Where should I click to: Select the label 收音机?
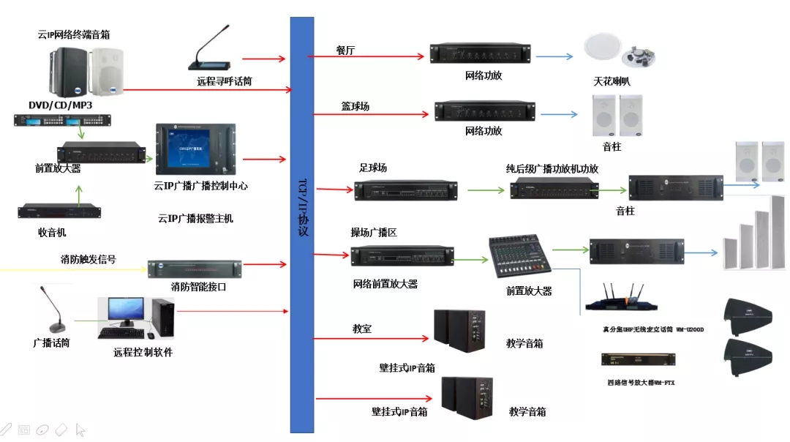coord(52,232)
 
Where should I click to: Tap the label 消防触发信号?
coord(88,259)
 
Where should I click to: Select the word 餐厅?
coord(346,50)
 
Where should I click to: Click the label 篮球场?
coord(355,106)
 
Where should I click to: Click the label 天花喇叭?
coord(612,81)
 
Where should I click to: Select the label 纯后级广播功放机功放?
coord(552,168)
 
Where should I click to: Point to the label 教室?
coord(361,329)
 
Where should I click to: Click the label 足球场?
coord(373,168)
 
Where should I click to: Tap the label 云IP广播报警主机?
coord(195,218)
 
